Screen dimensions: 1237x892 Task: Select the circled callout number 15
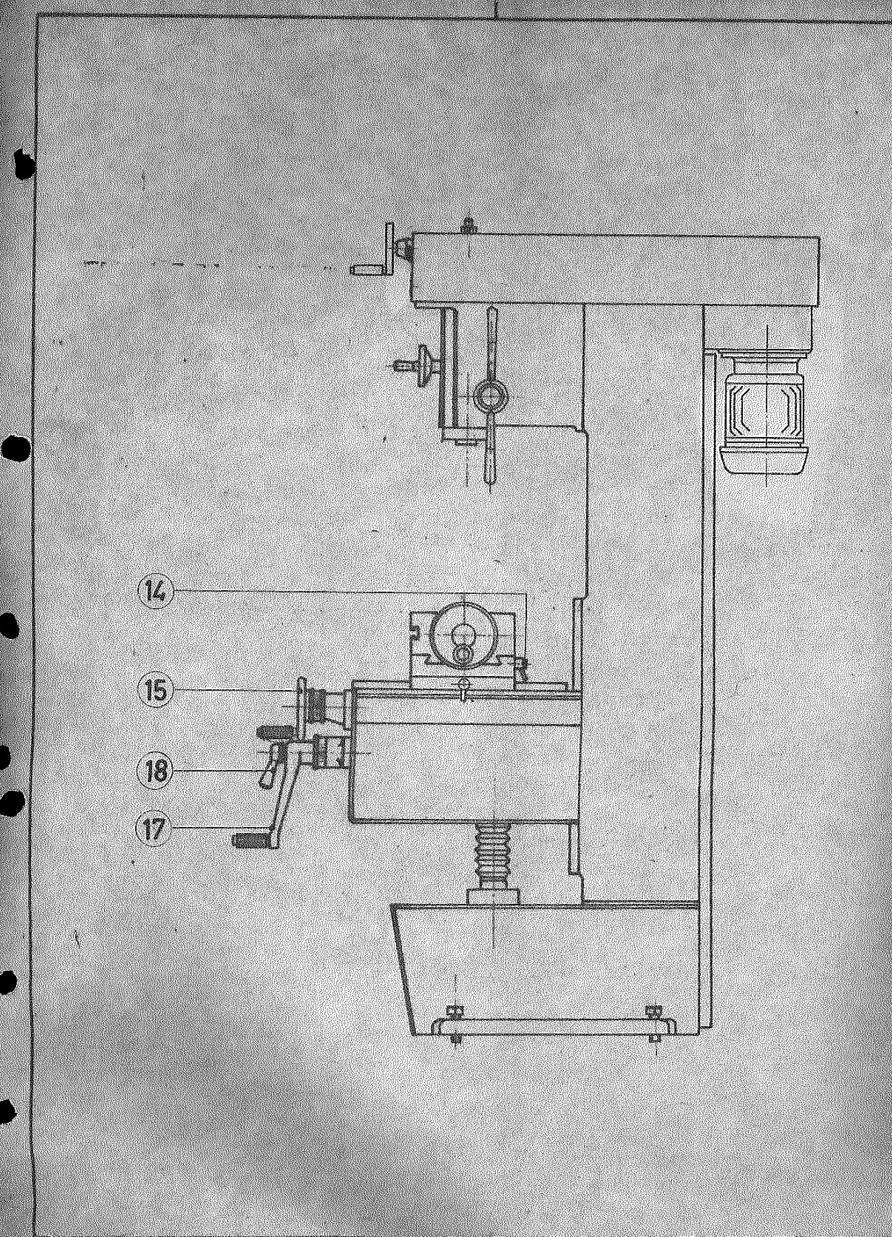click(x=156, y=689)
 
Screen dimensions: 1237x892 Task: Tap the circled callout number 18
click(x=155, y=771)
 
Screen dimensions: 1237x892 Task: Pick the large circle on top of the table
click(x=463, y=635)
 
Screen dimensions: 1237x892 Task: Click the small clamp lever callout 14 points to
click(x=521, y=669)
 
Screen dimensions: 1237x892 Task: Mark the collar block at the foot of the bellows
click(x=493, y=895)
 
